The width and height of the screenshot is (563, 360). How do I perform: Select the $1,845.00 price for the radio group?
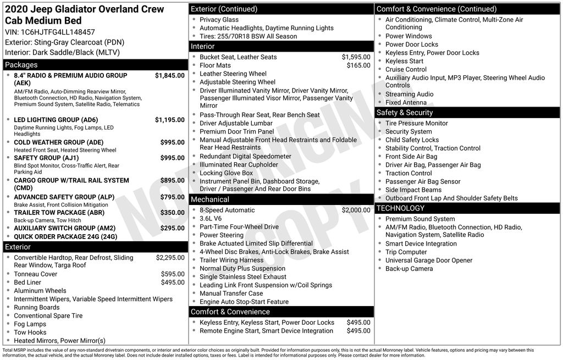169,75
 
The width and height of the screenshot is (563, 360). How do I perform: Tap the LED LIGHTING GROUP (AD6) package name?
56,120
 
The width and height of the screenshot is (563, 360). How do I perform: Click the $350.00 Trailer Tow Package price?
172,213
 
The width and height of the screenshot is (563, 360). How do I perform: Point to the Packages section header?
21,65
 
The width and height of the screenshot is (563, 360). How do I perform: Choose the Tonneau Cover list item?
35,274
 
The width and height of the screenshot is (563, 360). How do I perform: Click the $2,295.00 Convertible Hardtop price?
170,257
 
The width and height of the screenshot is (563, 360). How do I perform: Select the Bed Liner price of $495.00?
173,283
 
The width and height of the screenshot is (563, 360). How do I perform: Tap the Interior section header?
203,47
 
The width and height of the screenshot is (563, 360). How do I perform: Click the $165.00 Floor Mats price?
358,65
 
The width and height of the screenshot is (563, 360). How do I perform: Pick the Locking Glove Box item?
226,173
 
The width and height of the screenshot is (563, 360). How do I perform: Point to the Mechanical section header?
210,200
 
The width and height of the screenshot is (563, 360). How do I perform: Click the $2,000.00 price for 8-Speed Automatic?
356,210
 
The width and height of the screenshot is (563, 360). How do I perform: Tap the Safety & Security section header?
405,113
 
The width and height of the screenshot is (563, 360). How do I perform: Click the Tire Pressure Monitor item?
416,123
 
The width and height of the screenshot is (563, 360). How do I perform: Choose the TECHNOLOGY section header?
400,208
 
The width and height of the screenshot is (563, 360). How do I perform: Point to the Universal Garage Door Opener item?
429,261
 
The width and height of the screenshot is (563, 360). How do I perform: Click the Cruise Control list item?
406,69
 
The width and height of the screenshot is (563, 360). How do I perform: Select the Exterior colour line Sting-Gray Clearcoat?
64,42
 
